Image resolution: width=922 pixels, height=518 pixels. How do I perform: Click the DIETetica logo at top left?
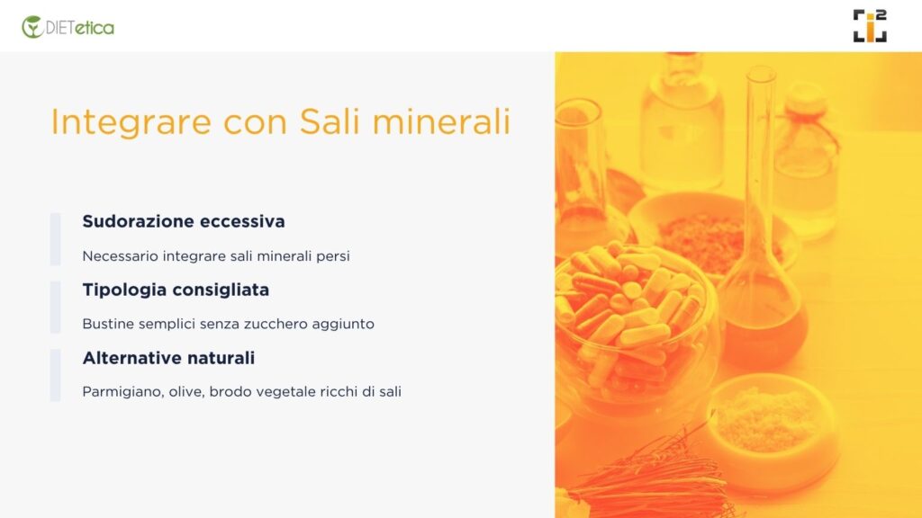tap(68, 27)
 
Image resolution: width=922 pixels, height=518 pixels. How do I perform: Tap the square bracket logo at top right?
tap(870, 26)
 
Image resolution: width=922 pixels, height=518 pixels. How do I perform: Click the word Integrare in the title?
tap(131, 122)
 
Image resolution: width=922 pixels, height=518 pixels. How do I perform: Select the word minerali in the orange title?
tap(441, 121)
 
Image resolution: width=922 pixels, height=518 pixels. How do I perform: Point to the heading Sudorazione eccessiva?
tap(184, 221)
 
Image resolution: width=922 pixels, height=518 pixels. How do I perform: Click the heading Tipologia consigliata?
tap(176, 290)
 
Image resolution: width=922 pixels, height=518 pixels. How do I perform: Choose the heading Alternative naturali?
tap(168, 358)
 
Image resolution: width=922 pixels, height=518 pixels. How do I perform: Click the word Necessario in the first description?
tap(121, 256)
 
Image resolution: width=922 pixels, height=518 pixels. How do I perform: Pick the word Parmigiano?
tap(123, 392)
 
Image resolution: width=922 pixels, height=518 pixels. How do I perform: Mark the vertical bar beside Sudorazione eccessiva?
tap(55, 239)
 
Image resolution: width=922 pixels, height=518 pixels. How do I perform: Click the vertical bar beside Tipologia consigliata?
tap(55, 308)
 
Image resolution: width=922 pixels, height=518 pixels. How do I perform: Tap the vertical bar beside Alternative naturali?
tap(55, 375)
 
